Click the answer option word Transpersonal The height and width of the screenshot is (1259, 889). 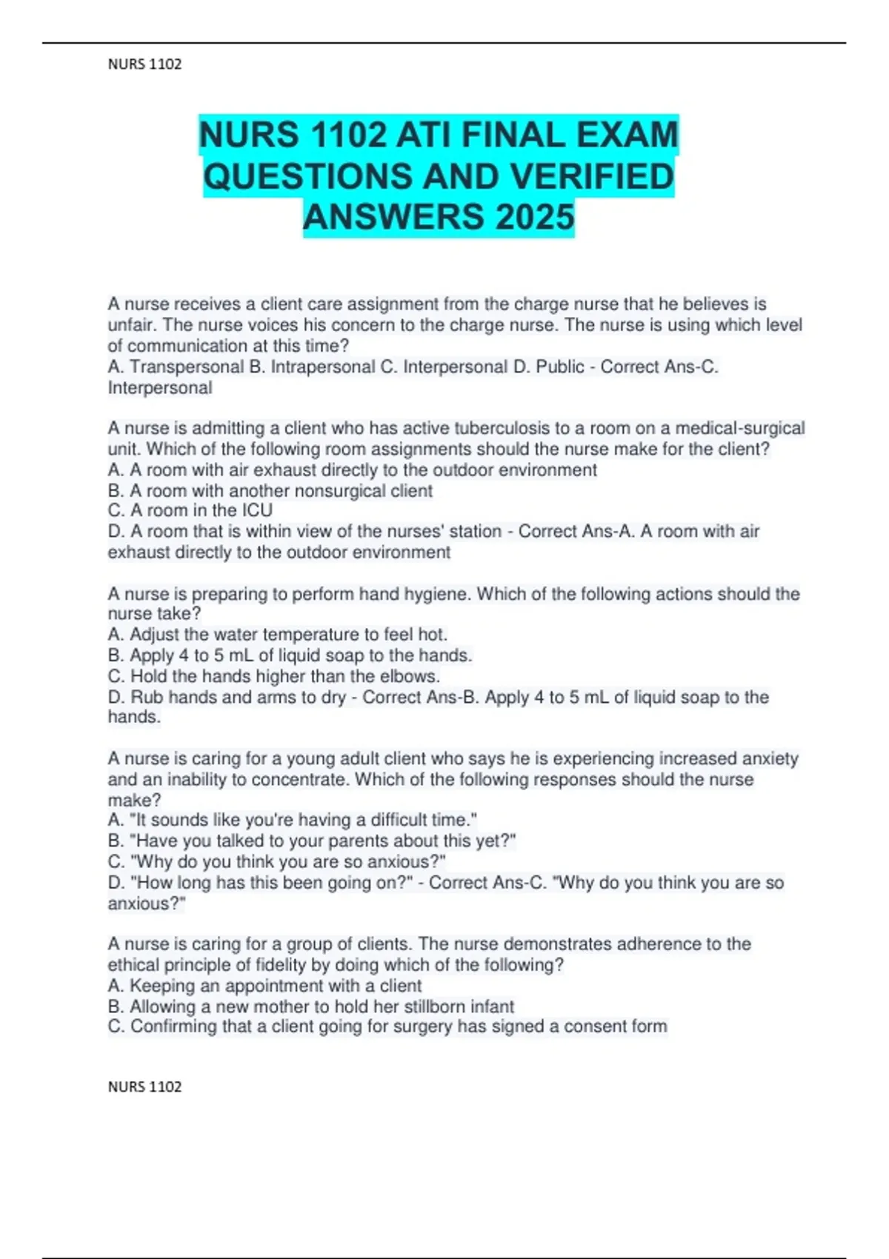coord(187,367)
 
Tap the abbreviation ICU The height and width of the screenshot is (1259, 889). coord(256,511)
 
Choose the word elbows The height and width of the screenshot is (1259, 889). coord(412,676)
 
